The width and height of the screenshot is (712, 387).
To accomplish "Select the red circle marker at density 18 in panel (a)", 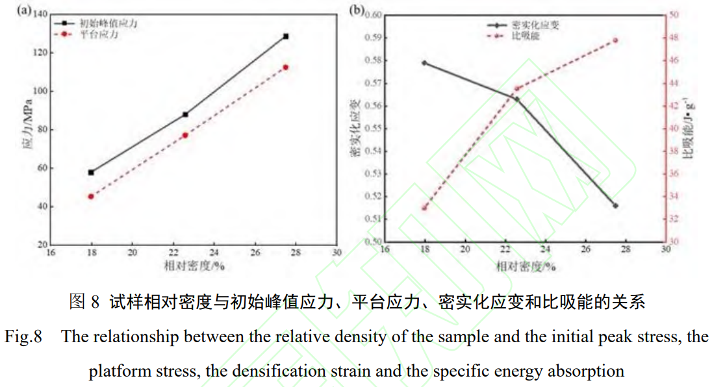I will coord(91,196).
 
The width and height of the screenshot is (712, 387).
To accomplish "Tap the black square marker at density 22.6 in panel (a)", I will coord(185,114).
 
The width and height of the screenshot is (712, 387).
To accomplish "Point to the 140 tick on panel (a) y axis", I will coord(40,14).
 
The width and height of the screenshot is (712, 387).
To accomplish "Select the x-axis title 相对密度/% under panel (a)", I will coord(194,265).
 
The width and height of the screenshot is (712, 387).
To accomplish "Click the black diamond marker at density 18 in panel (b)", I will coord(424,63).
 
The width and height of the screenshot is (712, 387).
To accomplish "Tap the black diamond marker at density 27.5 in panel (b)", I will coord(616,205).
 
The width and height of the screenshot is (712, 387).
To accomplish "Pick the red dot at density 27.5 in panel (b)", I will coord(616,40).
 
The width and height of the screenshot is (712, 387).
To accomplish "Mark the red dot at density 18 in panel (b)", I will coord(424,208).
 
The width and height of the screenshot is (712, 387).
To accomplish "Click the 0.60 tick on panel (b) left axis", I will coord(374,14).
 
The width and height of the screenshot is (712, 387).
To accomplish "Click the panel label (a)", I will coord(25,10).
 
